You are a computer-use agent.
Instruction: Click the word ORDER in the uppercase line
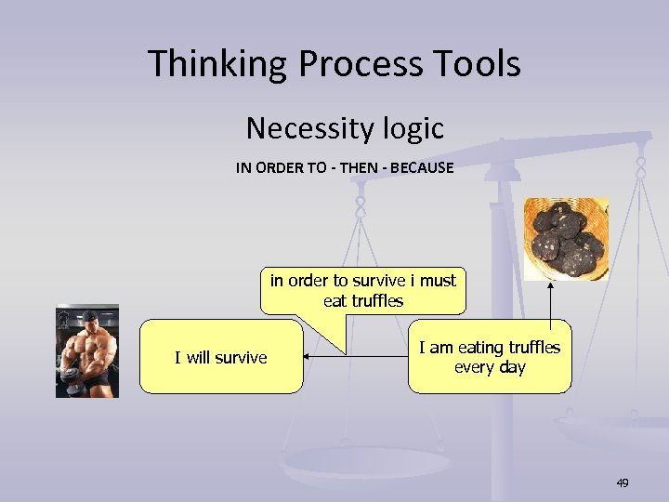[x=278, y=168]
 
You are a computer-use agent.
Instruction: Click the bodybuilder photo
[x=87, y=350]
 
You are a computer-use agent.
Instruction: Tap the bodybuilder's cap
[x=87, y=317]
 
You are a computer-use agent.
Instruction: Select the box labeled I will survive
[x=221, y=357]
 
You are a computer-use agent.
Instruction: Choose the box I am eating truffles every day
[x=490, y=357]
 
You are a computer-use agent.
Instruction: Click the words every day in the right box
[x=490, y=367]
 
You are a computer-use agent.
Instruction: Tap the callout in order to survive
[x=363, y=290]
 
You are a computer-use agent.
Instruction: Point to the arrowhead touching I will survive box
[x=309, y=357]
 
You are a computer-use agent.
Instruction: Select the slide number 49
[x=623, y=482]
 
